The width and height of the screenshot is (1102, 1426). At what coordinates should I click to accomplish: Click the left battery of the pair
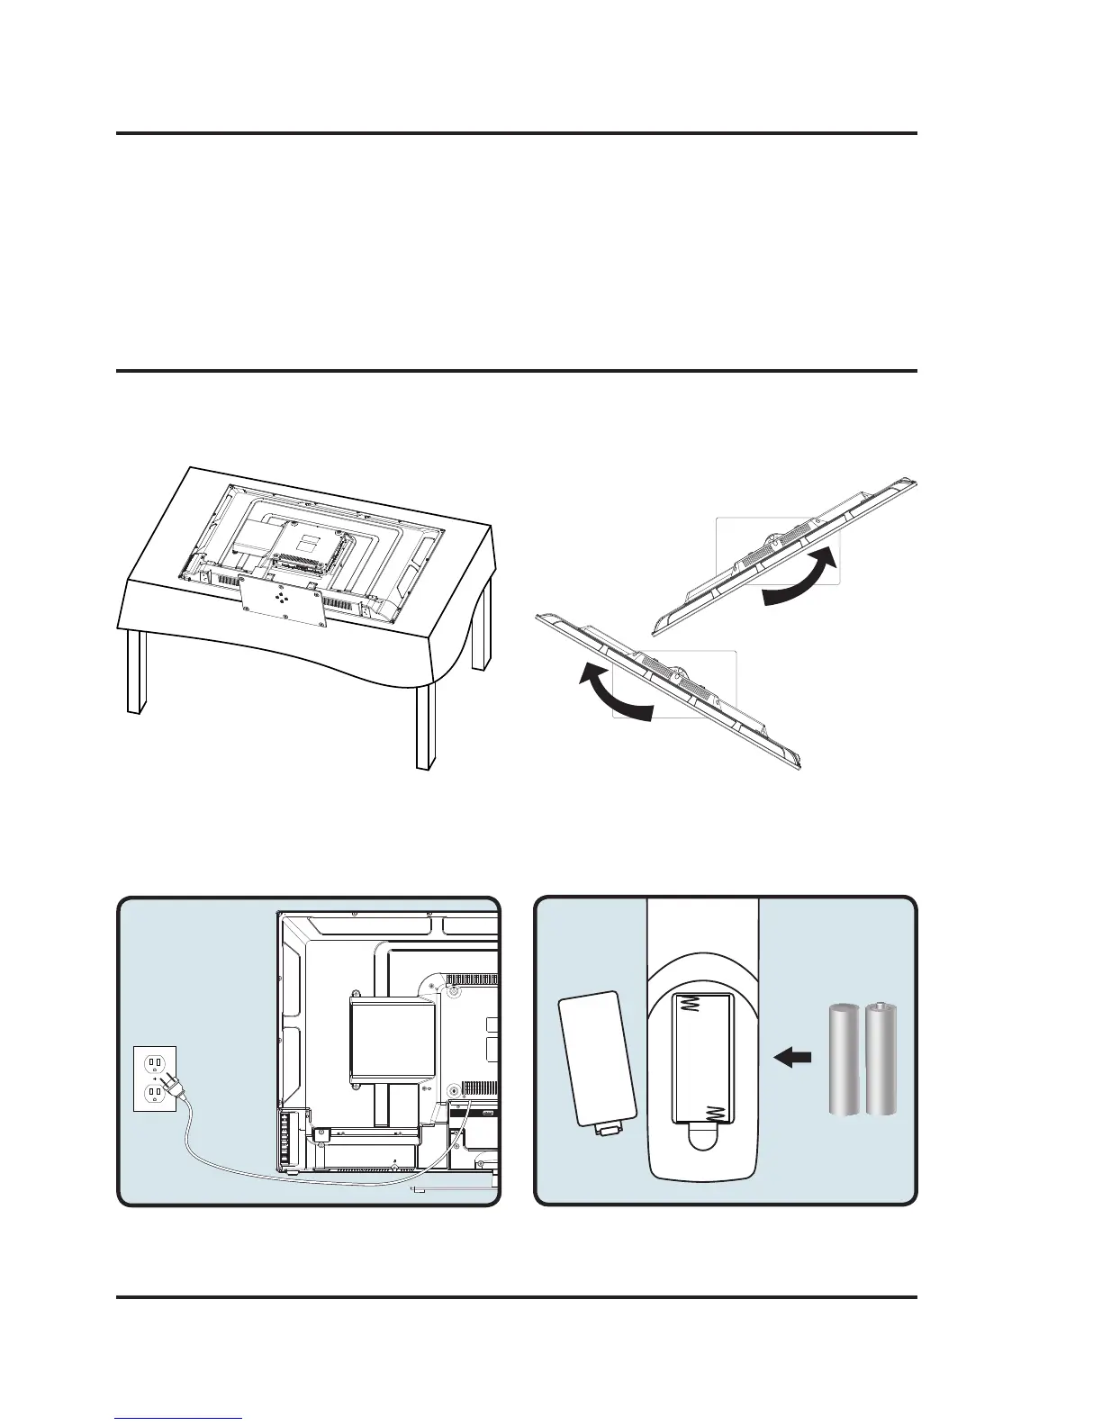(x=845, y=1060)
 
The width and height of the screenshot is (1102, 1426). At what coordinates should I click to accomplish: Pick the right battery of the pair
(x=881, y=1060)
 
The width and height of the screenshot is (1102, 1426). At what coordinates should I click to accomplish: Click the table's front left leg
(x=135, y=671)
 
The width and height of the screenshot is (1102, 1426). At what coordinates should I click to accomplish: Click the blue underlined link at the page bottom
(x=179, y=1419)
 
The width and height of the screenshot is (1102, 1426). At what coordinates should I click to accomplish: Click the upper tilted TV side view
(x=783, y=549)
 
